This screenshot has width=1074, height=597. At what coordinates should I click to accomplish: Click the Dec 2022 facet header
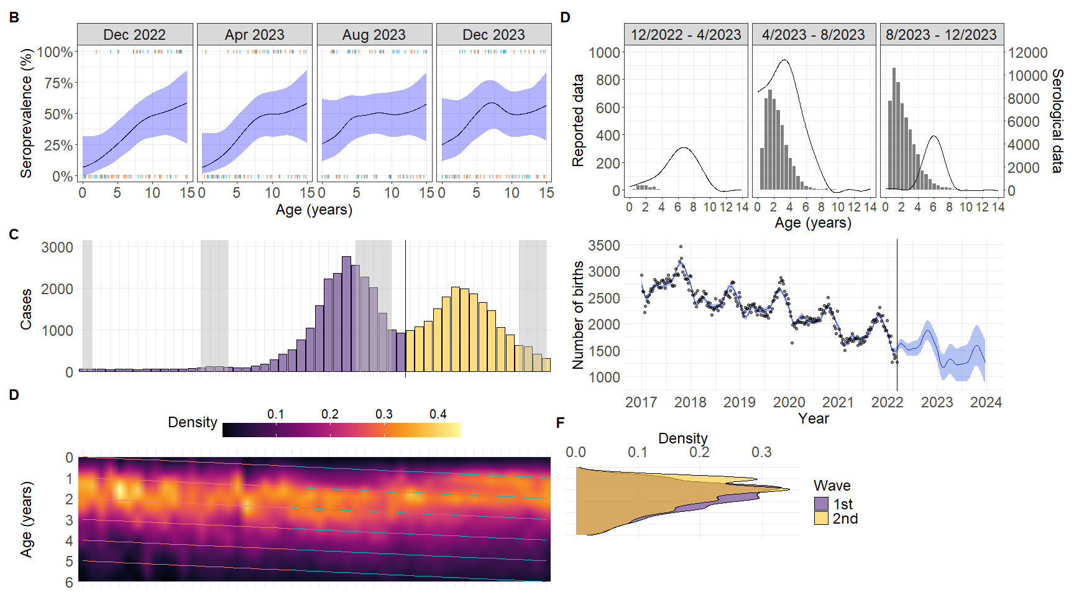(x=134, y=35)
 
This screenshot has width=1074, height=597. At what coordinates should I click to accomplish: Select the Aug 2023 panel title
(x=374, y=35)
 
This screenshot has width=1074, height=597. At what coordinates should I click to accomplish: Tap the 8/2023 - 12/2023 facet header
(x=941, y=35)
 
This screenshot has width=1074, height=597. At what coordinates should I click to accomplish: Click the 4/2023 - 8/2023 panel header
(x=814, y=35)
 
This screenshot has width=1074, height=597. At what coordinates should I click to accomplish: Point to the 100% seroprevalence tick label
(x=55, y=52)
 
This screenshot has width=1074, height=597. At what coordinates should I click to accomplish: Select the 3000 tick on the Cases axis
(x=57, y=248)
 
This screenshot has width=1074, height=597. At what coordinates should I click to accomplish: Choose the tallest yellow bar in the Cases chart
(x=456, y=329)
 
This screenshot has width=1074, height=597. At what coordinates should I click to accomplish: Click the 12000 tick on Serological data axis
(x=1028, y=53)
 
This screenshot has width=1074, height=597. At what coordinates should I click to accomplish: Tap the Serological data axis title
(x=1057, y=121)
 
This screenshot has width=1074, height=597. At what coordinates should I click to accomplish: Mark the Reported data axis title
(x=579, y=121)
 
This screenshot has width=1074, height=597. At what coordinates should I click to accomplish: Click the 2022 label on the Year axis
(x=887, y=402)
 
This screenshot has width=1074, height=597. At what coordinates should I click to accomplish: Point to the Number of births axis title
(x=579, y=315)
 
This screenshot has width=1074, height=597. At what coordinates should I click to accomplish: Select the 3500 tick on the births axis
(x=604, y=246)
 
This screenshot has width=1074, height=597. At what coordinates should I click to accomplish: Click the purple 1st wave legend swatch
(x=821, y=504)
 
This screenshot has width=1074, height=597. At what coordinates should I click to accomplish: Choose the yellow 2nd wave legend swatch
(x=821, y=519)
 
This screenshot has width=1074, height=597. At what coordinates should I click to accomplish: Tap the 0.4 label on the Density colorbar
(x=438, y=414)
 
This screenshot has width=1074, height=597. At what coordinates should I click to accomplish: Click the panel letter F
(x=560, y=423)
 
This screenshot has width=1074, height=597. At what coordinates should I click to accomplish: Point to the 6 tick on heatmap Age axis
(x=69, y=583)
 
